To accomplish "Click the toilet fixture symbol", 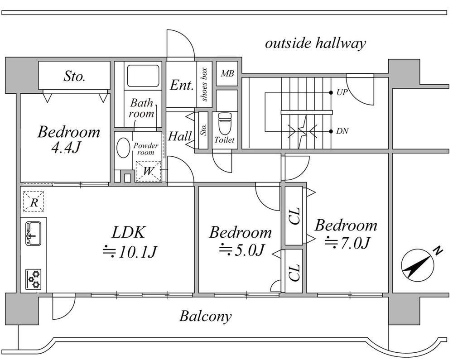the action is [x=225, y=124].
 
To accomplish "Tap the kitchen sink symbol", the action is [x=34, y=234].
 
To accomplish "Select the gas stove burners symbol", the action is [x=33, y=279].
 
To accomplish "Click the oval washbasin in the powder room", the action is [x=123, y=148].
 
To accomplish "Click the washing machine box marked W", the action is [x=148, y=171].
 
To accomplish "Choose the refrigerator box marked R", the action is [x=34, y=202].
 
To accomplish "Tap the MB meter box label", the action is [x=227, y=74].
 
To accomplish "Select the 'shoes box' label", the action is [x=204, y=85].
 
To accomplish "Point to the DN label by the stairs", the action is [x=342, y=131].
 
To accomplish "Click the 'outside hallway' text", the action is [x=315, y=43].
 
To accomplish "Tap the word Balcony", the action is [x=205, y=316].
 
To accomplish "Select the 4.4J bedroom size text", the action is [x=65, y=148].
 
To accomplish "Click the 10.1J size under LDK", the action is [x=130, y=252].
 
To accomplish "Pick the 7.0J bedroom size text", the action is [x=347, y=243].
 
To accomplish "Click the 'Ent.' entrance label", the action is [x=182, y=85].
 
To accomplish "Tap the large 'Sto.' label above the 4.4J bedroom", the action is [x=74, y=76].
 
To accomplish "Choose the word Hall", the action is [x=180, y=136].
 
